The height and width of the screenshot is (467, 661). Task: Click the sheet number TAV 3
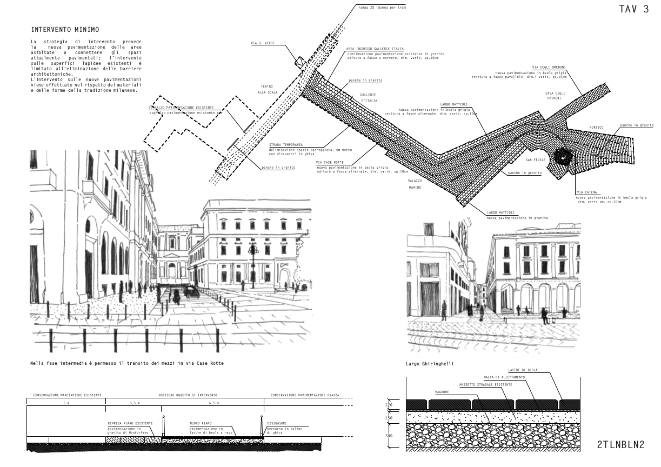[x=634, y=9]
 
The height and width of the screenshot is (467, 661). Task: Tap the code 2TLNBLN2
[x=621, y=445]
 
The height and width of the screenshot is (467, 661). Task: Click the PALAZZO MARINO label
[x=415, y=183]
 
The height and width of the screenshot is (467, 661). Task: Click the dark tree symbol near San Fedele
[x=563, y=156]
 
